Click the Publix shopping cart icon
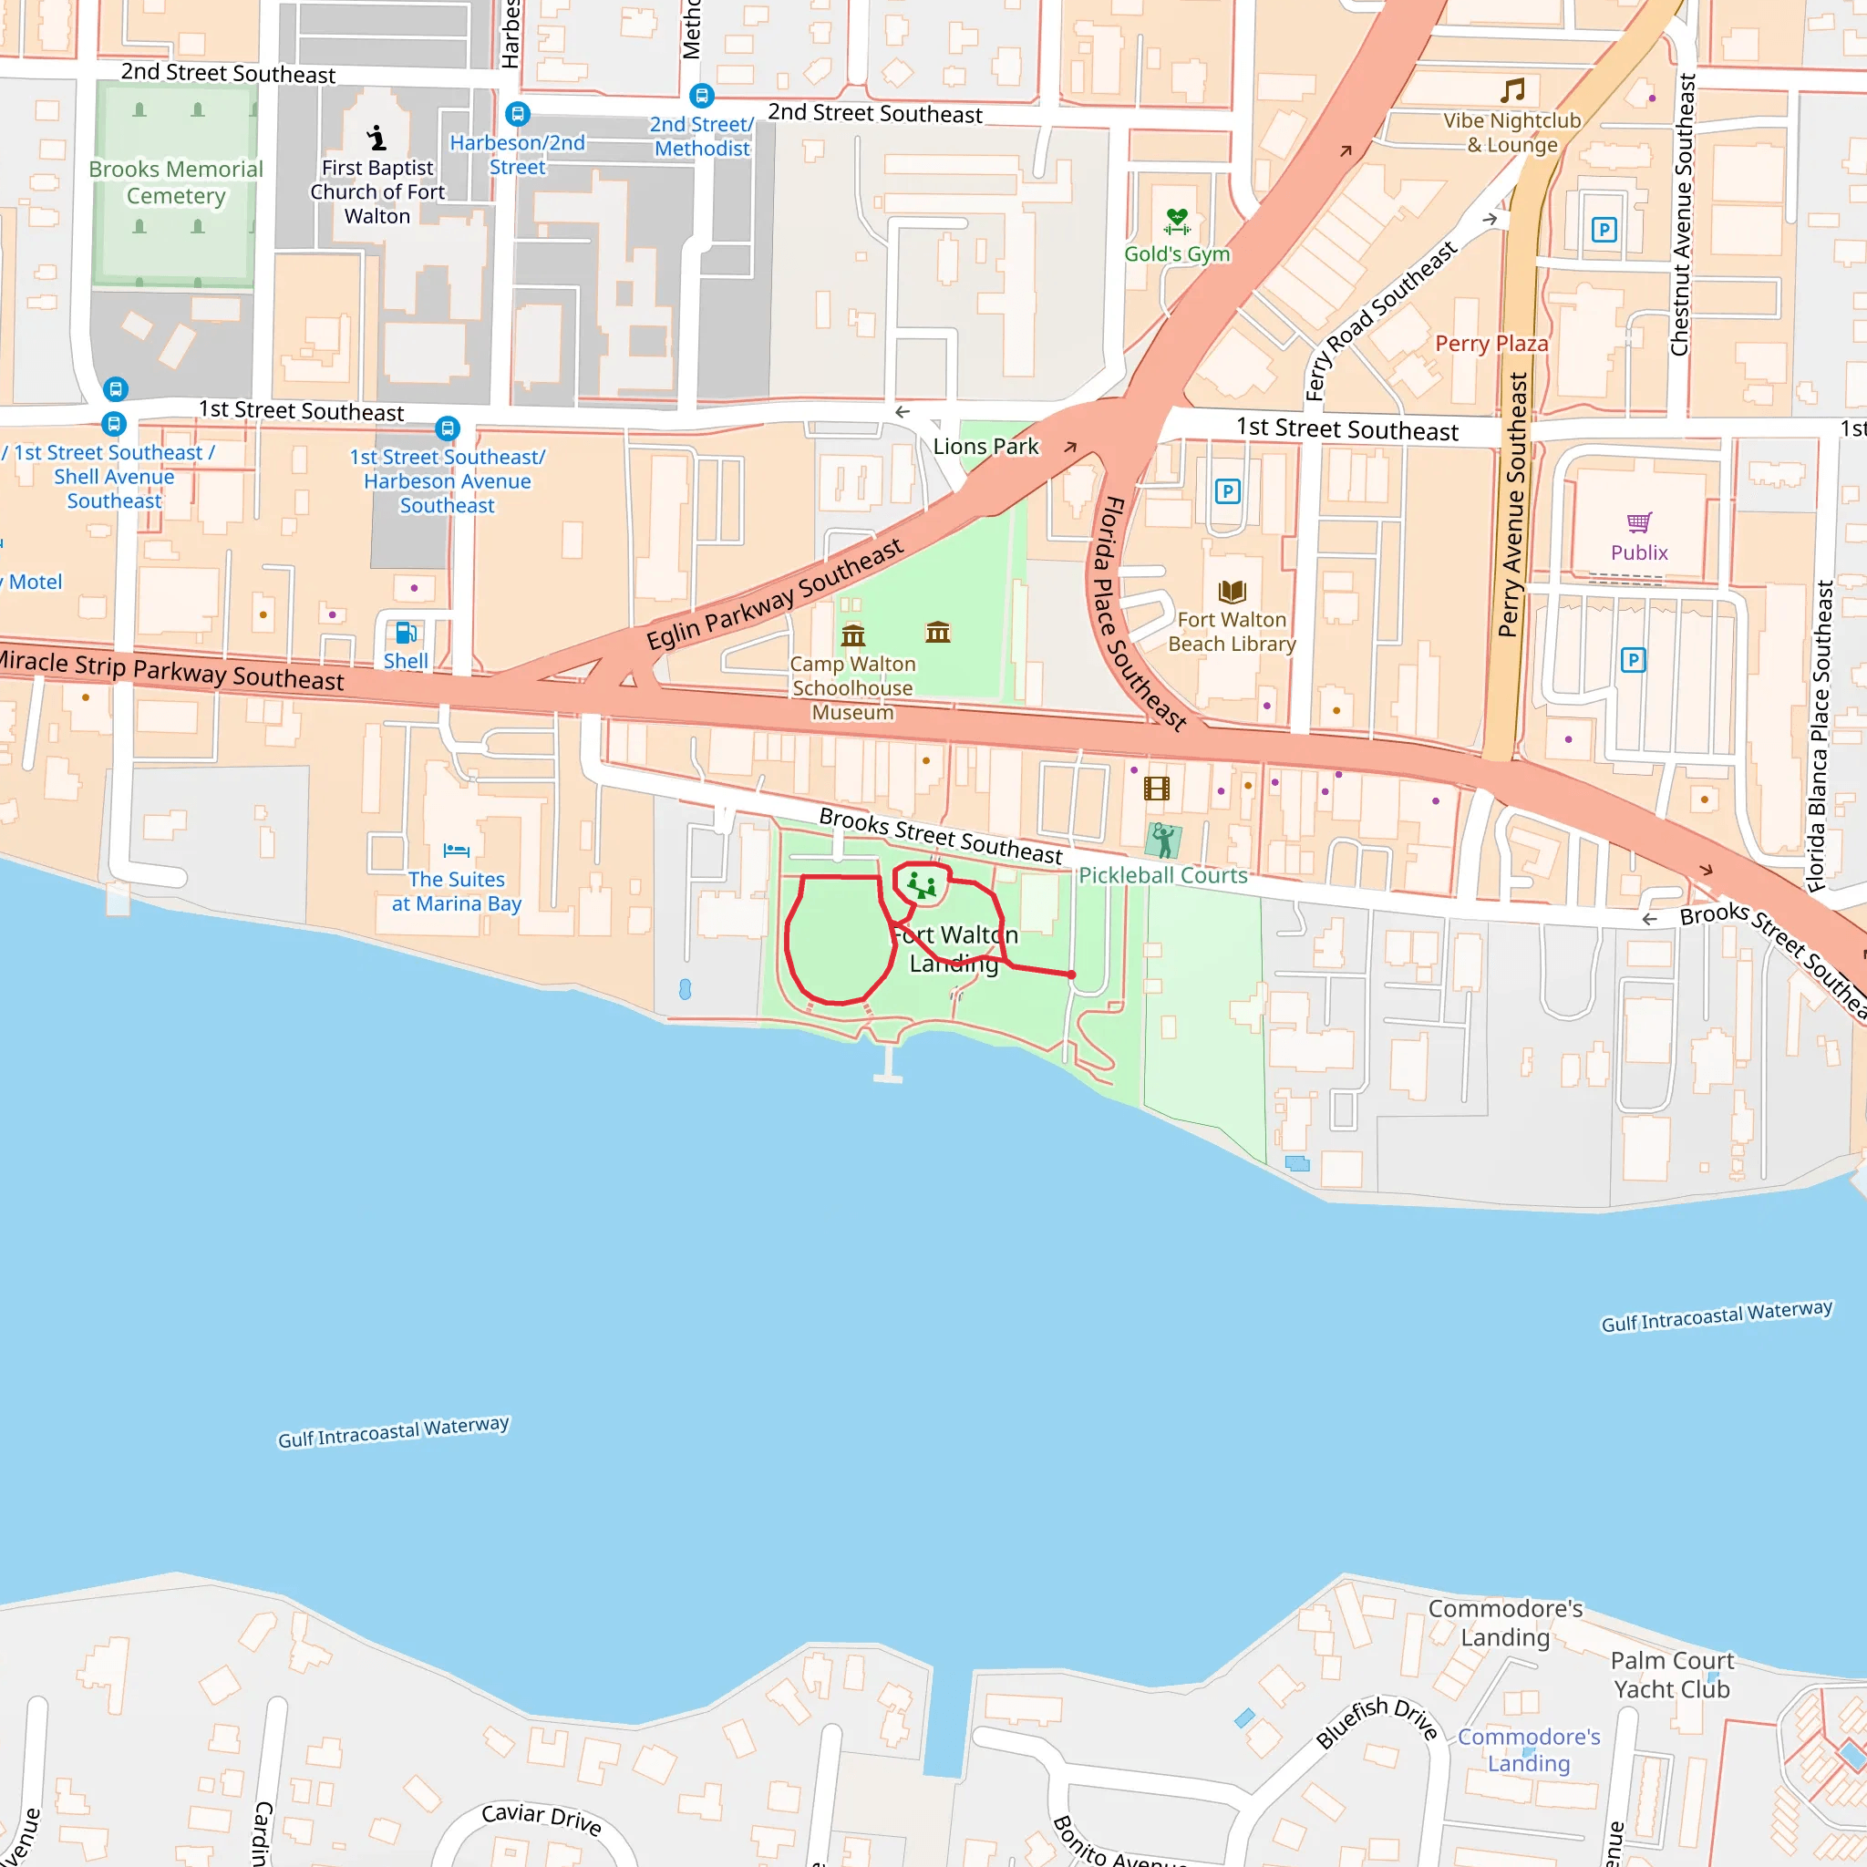click(x=1639, y=522)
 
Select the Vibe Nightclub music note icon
click(x=1512, y=91)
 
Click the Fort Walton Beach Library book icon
click(x=1233, y=592)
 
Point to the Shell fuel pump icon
click(x=406, y=633)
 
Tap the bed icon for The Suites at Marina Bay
click(x=456, y=851)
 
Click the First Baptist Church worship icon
click(x=376, y=139)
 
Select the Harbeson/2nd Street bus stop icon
click(x=518, y=114)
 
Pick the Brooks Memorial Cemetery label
click(x=176, y=182)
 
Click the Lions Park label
click(x=985, y=447)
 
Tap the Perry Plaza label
click(x=1491, y=344)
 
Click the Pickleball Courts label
click(x=1162, y=875)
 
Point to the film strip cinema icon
click(x=1157, y=789)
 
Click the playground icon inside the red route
click(x=921, y=885)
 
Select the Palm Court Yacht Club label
click(x=1671, y=1675)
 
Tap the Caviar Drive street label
click(x=542, y=1819)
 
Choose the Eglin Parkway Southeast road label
click(x=775, y=594)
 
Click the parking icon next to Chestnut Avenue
click(x=1604, y=230)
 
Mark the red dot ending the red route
click(x=1072, y=975)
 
